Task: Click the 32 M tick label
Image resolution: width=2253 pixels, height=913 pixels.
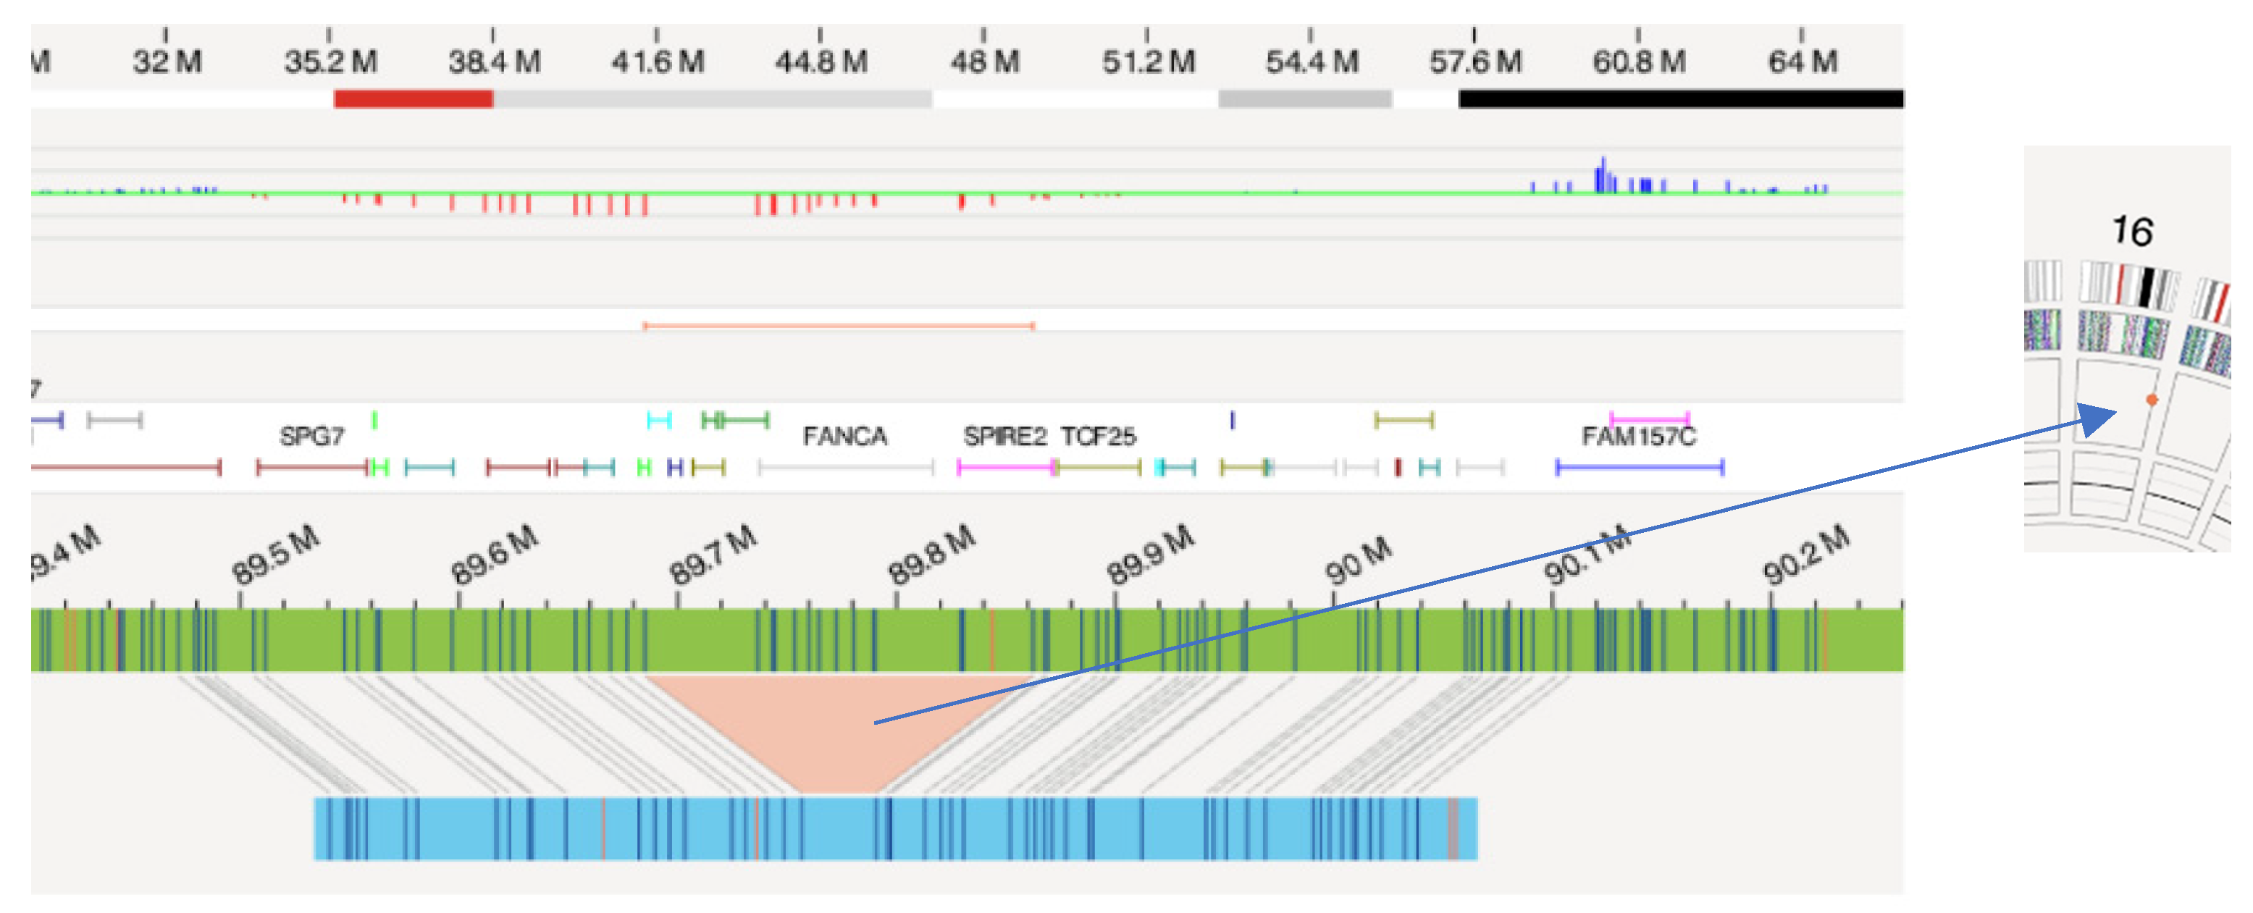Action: click(x=167, y=62)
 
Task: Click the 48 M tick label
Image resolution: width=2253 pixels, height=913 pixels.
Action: click(x=985, y=62)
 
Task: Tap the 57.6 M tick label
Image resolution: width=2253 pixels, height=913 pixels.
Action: click(x=1475, y=62)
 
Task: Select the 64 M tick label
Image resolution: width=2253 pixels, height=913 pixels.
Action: click(x=1803, y=62)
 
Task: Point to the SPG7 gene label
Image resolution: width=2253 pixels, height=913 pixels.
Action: click(x=311, y=437)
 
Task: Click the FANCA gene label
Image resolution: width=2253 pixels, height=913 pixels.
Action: click(x=845, y=437)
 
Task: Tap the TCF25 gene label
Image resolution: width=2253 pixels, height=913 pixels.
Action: click(x=1099, y=437)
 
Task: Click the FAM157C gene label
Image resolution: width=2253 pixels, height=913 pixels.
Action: click(x=1638, y=437)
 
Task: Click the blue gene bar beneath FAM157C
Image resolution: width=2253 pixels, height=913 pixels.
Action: click(x=1639, y=468)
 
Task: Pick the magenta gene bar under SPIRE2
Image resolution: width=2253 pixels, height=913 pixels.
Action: click(x=1006, y=468)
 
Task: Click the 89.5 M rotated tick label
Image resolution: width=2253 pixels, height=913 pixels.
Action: click(x=275, y=555)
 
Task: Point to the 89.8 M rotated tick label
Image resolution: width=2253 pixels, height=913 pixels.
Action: click(x=931, y=555)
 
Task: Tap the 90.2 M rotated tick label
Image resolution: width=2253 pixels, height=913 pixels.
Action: click(x=1806, y=555)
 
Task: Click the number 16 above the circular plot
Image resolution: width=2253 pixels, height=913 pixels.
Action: click(x=2132, y=232)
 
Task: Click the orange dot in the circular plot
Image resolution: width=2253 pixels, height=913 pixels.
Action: click(x=2152, y=400)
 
